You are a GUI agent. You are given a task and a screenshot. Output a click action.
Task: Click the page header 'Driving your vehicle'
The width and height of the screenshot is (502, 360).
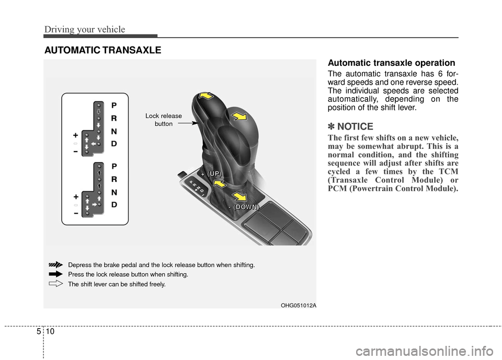click(84, 29)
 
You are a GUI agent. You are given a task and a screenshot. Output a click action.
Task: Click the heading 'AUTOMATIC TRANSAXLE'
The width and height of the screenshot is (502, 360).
click(102, 50)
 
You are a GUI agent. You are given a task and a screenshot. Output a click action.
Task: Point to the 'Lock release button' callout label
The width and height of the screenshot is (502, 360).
click(164, 120)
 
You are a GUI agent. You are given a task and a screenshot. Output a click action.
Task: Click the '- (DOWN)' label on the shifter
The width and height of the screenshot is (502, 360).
click(243, 207)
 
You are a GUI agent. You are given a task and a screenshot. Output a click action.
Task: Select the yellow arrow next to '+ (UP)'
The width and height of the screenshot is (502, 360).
click(220, 184)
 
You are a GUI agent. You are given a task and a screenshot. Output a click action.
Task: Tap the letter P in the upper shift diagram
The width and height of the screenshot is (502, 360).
click(114, 104)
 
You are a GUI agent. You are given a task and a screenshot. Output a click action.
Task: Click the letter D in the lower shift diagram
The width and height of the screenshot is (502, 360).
click(114, 205)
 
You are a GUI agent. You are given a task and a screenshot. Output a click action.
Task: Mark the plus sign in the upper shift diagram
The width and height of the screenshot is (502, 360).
click(76, 134)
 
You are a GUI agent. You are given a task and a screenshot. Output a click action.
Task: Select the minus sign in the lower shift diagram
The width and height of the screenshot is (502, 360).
click(76, 213)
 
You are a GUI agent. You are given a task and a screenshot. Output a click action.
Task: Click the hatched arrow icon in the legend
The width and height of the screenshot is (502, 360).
click(55, 265)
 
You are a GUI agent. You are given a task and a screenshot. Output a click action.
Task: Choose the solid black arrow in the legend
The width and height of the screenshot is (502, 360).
click(55, 274)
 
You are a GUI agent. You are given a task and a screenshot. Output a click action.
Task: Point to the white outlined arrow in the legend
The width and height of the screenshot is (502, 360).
click(55, 284)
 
